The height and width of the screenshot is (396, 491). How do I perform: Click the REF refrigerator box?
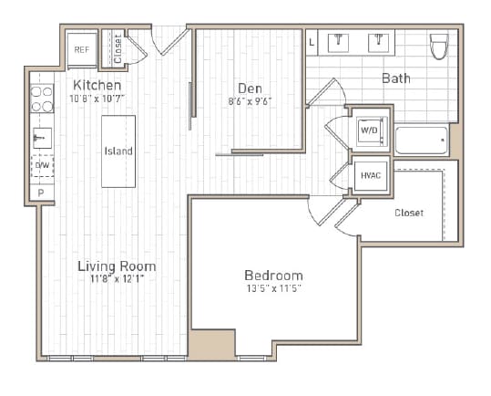click(x=81, y=50)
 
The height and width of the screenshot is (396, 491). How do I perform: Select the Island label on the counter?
click(x=118, y=151)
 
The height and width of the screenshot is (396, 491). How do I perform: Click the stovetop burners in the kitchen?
click(x=42, y=99)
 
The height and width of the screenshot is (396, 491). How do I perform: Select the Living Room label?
click(x=117, y=266)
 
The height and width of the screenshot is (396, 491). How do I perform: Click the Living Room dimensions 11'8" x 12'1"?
click(x=117, y=279)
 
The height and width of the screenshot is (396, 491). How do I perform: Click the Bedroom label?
click(x=273, y=276)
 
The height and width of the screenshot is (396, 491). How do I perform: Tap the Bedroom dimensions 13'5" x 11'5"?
click(x=273, y=288)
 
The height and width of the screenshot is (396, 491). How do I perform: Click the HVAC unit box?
click(x=371, y=175)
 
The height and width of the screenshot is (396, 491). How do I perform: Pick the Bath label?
click(x=395, y=78)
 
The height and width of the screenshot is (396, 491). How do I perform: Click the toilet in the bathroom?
click(x=439, y=46)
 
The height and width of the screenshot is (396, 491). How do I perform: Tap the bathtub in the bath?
click(x=421, y=141)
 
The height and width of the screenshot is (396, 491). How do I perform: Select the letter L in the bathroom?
click(x=312, y=41)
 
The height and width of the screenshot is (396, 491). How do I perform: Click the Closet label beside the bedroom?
click(x=408, y=213)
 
